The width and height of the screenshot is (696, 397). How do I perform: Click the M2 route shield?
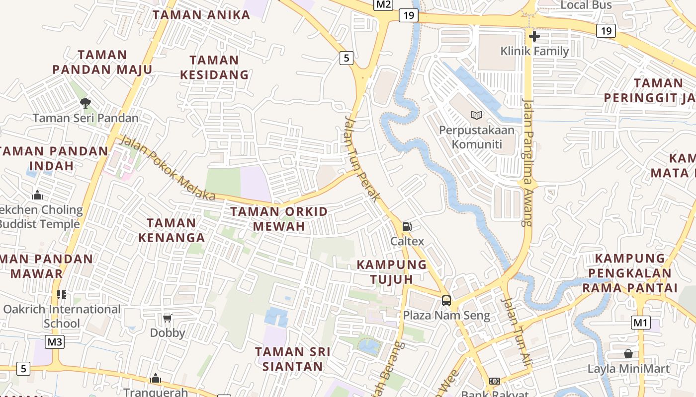click(383, 4)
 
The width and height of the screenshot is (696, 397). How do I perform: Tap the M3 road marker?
click(55, 341)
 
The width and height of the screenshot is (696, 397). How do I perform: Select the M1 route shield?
click(641, 323)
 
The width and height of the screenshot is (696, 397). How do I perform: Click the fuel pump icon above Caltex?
click(407, 227)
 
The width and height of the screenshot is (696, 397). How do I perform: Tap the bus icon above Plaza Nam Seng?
click(446, 300)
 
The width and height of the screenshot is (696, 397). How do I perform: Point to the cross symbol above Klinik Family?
click(534, 36)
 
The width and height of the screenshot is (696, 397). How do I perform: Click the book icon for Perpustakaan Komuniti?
click(477, 116)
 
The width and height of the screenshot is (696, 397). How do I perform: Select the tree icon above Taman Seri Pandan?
click(86, 103)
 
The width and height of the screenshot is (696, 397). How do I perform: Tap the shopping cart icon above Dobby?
click(167, 318)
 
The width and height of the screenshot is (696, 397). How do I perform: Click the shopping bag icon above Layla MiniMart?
click(628, 354)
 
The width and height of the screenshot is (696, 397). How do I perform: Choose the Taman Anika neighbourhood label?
click(201, 15)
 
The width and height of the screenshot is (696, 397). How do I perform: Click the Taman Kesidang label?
click(214, 67)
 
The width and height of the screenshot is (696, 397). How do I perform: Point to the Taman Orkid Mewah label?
click(279, 219)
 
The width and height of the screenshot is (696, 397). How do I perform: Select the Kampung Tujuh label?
click(392, 271)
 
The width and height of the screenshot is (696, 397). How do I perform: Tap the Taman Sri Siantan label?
click(293, 359)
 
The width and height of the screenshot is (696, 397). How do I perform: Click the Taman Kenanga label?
click(172, 230)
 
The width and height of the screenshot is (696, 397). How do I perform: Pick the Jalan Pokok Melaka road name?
click(168, 169)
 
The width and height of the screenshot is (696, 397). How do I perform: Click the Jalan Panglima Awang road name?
click(527, 163)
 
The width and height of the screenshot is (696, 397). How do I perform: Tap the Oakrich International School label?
click(62, 316)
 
